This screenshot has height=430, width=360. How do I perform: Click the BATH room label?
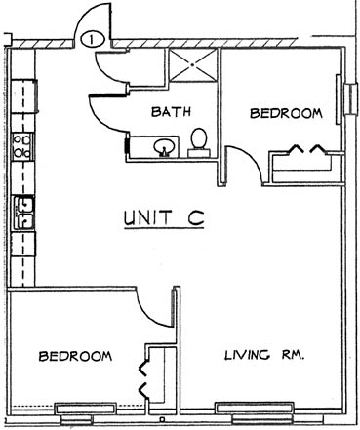pyautogui.click(x=171, y=111)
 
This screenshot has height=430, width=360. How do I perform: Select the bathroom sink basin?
pyautogui.click(x=165, y=147)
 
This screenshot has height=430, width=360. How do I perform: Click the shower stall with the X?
pyautogui.click(x=193, y=65)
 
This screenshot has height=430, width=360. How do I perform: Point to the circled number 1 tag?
pyautogui.click(x=93, y=39)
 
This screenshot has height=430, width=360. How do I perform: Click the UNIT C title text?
pyautogui.click(x=164, y=217)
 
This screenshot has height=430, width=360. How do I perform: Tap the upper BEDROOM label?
pyautogui.click(x=286, y=113)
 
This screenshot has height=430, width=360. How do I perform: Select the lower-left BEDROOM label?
pyautogui.click(x=75, y=356)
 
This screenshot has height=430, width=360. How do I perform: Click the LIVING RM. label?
pyautogui.click(x=264, y=355)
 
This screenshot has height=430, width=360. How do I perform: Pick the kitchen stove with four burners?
pyautogui.click(x=22, y=146)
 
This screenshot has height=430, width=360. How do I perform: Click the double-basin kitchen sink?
pyautogui.click(x=23, y=213)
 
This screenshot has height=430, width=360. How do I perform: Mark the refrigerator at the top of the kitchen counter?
pyautogui.click(x=23, y=97)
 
